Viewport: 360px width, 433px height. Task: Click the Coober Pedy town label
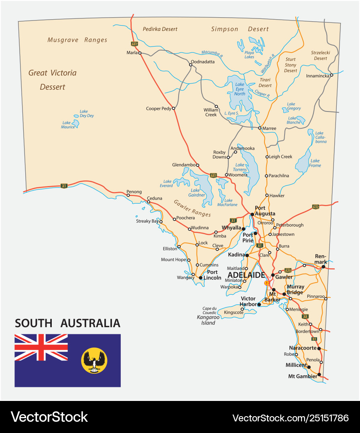[x=159, y=109]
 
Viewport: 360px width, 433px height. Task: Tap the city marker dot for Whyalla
[x=243, y=229]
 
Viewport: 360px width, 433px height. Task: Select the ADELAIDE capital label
[x=246, y=275]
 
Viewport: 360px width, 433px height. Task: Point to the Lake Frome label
[x=315, y=163]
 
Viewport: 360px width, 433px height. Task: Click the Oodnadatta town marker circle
[x=191, y=65]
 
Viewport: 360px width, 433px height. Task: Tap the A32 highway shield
[x=315, y=207]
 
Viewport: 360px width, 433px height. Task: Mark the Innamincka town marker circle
[x=332, y=75]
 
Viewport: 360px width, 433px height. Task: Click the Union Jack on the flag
[x=41, y=347]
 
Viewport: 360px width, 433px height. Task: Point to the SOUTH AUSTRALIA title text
[x=67, y=323]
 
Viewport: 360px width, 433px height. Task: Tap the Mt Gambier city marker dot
[x=319, y=375]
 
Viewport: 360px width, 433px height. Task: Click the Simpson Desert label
[x=240, y=29]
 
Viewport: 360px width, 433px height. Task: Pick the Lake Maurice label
[x=68, y=125]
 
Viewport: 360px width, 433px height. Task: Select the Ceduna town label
[x=155, y=198]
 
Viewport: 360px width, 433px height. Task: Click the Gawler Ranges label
[x=192, y=208]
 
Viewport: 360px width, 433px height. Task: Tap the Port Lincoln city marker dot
[x=201, y=277]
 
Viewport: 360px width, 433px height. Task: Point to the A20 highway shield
[x=287, y=270]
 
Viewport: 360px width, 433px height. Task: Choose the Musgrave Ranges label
[x=77, y=40]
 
